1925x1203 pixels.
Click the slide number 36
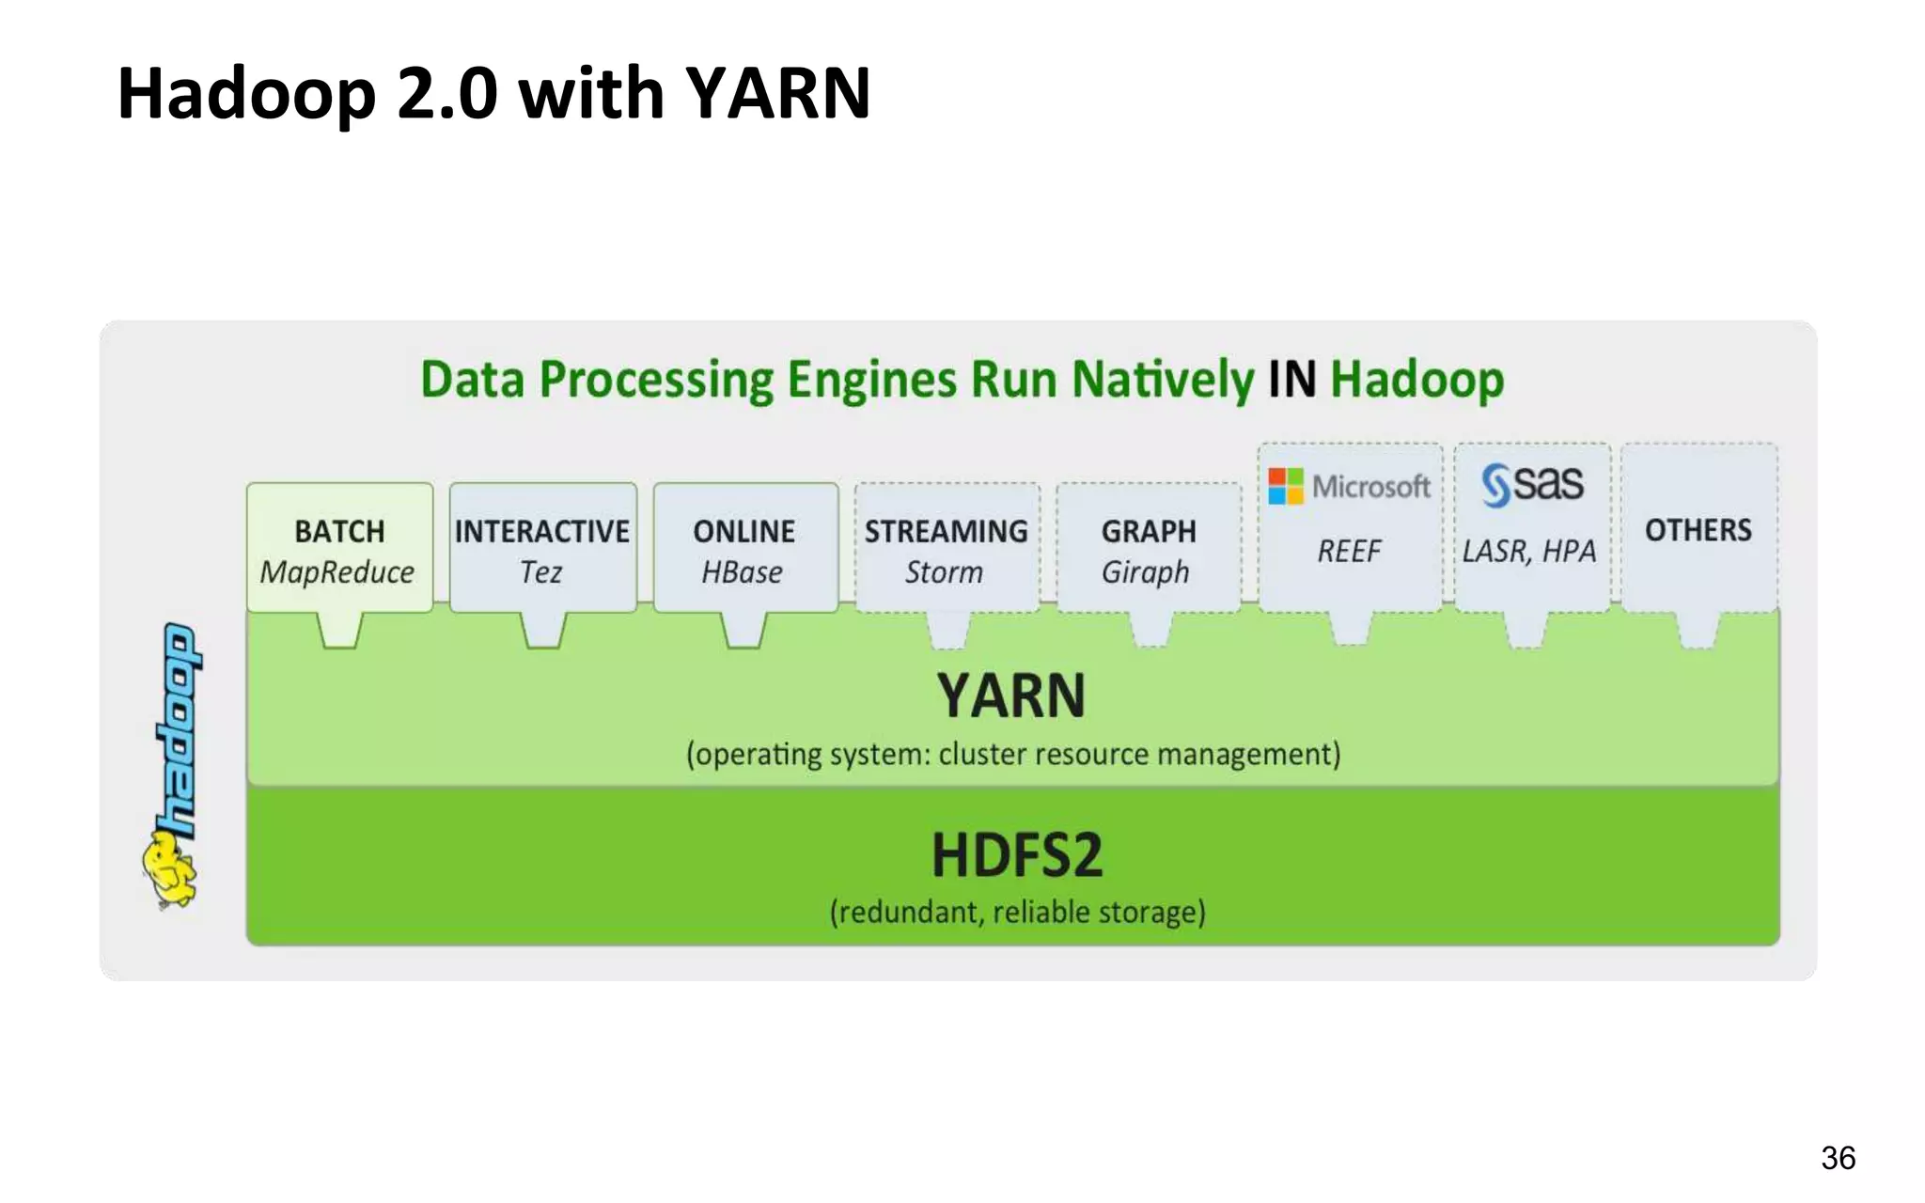[x=1838, y=1158]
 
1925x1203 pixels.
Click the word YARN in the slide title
[x=777, y=94]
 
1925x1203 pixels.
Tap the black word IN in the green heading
[x=1291, y=380]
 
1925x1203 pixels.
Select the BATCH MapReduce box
[x=339, y=549]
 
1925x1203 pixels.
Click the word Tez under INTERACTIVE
[x=541, y=572]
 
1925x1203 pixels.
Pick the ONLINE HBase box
[x=745, y=549]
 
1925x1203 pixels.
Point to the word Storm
[x=944, y=572]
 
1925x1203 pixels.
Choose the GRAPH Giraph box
[x=1148, y=549]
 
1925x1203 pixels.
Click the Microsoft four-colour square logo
[x=1285, y=486]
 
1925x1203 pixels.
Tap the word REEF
[x=1349, y=552]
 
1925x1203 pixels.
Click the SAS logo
[x=1532, y=484]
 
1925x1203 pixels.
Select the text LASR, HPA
[x=1529, y=552]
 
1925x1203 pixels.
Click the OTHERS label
[x=1698, y=530]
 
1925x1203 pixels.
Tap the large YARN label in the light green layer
[x=1011, y=696]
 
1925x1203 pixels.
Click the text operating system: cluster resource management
[x=1013, y=755]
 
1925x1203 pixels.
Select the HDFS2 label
[x=1017, y=855]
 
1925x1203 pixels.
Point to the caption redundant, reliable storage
[x=1017, y=913]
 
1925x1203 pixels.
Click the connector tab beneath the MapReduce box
[x=339, y=630]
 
